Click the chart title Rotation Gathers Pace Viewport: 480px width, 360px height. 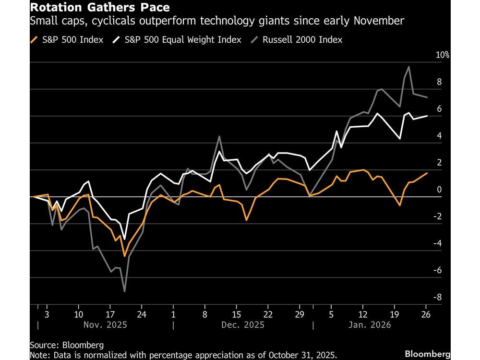pos(99,8)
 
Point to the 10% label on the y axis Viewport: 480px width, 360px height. pos(442,55)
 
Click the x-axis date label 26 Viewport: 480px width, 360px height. pos(425,315)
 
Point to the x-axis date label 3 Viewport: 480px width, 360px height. pos(47,315)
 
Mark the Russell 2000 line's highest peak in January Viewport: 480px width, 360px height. pos(408,67)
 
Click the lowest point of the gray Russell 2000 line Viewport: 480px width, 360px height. pos(125,291)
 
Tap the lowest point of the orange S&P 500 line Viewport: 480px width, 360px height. pos(125,256)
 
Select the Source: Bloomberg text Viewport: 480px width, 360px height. pos(60,345)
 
